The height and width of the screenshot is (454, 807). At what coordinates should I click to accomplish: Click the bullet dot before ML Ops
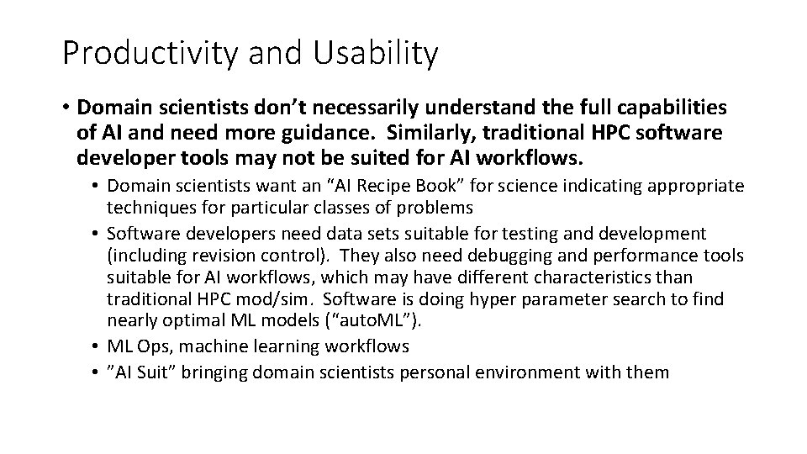(97, 345)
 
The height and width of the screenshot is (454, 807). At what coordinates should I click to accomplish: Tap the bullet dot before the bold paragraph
(66, 108)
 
